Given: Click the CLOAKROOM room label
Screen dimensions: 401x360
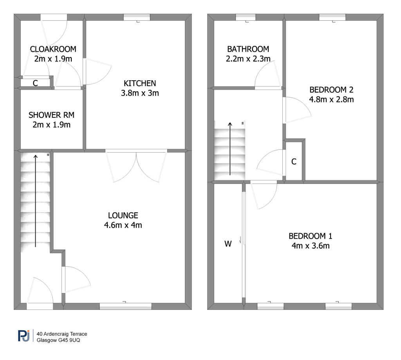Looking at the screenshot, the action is pyautogui.click(x=53, y=49).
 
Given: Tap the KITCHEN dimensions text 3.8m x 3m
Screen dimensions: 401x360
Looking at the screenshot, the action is pyautogui.click(x=140, y=93).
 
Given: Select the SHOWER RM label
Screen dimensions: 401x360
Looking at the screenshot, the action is pyautogui.click(x=51, y=115).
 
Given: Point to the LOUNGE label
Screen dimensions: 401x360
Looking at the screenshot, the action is pyautogui.click(x=123, y=215).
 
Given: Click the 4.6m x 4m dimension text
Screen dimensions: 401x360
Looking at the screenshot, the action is pyautogui.click(x=123, y=225).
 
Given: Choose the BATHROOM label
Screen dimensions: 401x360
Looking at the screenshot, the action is pyautogui.click(x=248, y=49).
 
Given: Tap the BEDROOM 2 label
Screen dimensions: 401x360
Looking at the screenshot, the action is pyautogui.click(x=331, y=90).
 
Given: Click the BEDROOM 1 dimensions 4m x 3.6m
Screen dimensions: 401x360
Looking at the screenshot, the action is pyautogui.click(x=311, y=246).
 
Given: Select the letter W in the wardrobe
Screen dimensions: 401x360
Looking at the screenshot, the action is pyautogui.click(x=228, y=244).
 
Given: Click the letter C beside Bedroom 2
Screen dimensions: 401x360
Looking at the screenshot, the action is pyautogui.click(x=294, y=162).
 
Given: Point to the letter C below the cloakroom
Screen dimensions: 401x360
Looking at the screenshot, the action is pyautogui.click(x=35, y=83).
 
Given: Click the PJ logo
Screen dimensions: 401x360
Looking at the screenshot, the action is pyautogui.click(x=24, y=336).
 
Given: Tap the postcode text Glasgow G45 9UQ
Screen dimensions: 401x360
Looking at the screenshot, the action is pyautogui.click(x=58, y=340).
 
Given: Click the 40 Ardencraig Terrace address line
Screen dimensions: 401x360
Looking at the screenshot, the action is pyautogui.click(x=62, y=334).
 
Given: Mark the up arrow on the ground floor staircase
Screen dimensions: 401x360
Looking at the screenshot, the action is pyautogui.click(x=36, y=201).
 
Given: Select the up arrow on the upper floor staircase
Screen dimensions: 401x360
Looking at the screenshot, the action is pyautogui.click(x=230, y=149).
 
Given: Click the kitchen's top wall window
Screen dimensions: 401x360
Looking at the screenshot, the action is pyautogui.click(x=137, y=17).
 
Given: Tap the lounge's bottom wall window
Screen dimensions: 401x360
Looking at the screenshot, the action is pyautogui.click(x=126, y=306).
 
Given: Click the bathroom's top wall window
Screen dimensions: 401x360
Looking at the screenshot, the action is pyautogui.click(x=246, y=17).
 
